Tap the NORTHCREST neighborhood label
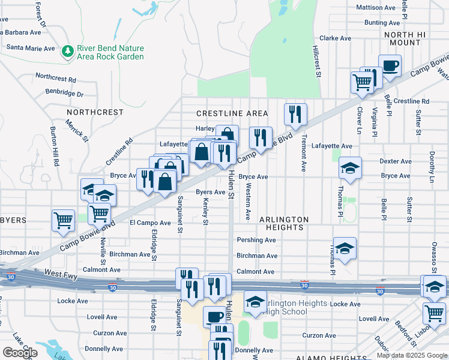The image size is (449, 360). click(95, 112)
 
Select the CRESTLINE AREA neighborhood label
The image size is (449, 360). click(232, 113)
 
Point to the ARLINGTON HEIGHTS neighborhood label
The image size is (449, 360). click(284, 223)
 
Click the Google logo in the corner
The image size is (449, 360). click(19, 353)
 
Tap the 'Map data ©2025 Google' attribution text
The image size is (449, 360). click(412, 355)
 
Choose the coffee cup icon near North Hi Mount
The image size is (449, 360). click(390, 65)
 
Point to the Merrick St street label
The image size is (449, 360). click(77, 129)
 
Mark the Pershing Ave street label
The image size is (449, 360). click(256, 240)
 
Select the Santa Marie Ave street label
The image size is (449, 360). click(31, 48)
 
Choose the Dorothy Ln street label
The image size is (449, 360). click(431, 167)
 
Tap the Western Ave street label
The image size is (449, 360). click(248, 202)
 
